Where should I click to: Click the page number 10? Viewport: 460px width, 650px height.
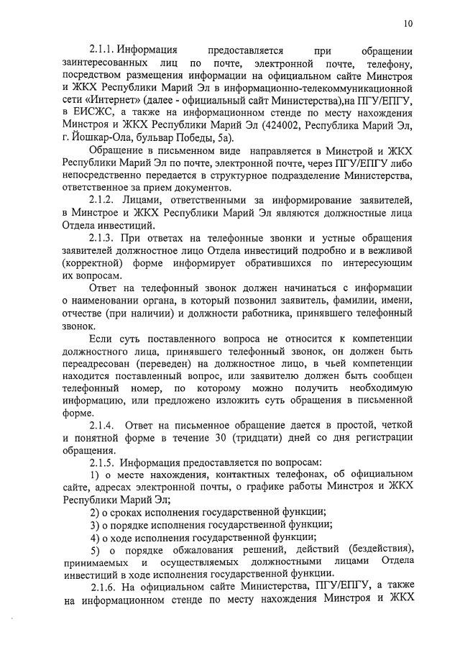click(408, 23)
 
